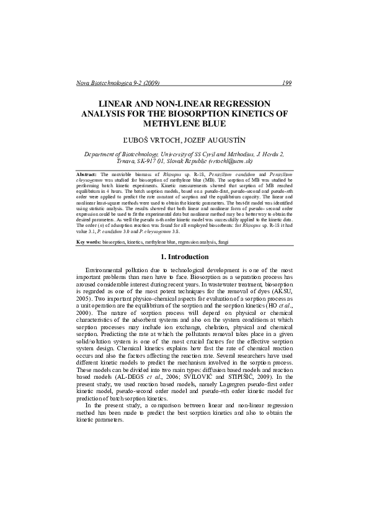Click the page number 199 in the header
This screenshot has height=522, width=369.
287,83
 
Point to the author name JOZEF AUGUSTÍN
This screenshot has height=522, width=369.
218,141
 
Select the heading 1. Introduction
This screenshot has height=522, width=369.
184,257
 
